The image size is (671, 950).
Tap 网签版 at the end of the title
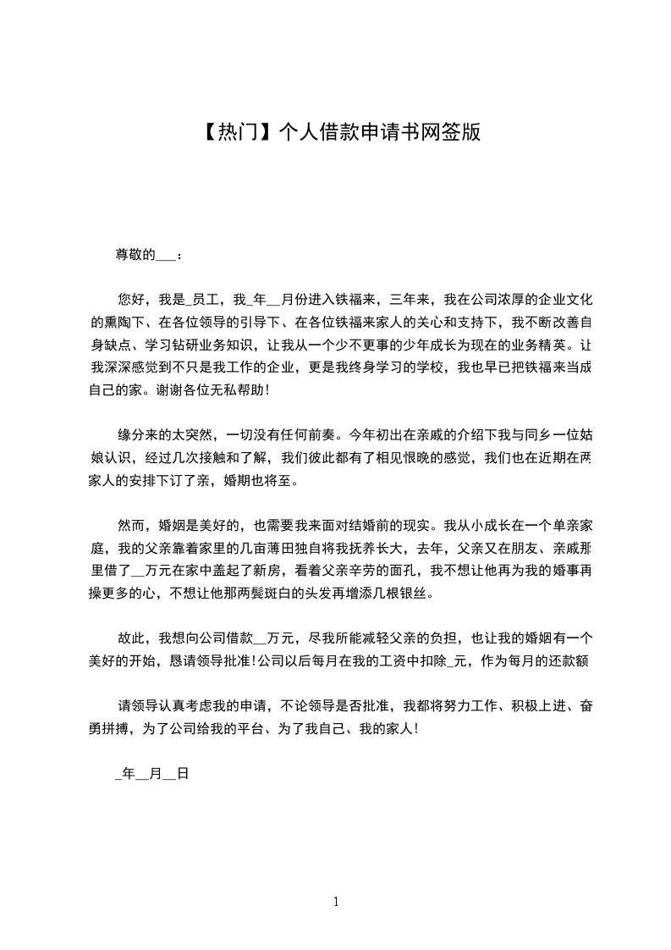coord(459,132)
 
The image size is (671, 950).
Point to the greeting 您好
coord(131,299)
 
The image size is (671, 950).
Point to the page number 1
coord(336,902)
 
